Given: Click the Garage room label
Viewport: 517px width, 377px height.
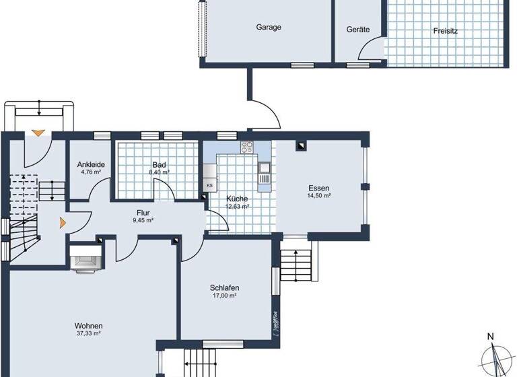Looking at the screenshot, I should pos(268,28).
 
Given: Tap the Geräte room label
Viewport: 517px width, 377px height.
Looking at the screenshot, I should pos(358,30).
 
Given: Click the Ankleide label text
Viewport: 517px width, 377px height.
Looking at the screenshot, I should pos(90,164).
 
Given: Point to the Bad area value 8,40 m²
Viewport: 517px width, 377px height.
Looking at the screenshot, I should pos(159,172).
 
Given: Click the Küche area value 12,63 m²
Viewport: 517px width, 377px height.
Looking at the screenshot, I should pos(237,207).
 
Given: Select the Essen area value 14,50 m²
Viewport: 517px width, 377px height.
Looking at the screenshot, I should pos(318,196).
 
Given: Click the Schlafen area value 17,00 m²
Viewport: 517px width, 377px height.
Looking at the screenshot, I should pos(223,296).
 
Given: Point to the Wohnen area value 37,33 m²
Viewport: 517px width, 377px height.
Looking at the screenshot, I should pos(88,333).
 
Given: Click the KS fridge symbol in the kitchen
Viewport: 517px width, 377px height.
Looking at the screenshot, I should pos(209,185).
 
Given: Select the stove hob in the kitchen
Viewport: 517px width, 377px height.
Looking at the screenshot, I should pos(247,149).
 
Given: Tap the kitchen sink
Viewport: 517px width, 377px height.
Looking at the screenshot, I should pos(265,167).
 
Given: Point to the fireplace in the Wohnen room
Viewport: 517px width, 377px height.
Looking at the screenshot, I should pos(85,259).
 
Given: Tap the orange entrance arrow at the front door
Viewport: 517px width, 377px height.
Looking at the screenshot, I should pos(39,134).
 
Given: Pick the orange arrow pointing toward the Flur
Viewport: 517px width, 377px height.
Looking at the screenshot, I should pos(63,221).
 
